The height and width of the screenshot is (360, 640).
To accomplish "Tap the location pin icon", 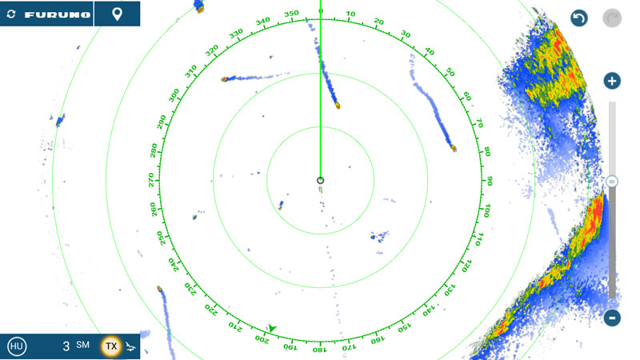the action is point(117,14).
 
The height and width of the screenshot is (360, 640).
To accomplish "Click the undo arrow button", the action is point(579,18).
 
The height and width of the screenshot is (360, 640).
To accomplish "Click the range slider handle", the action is point(612,182).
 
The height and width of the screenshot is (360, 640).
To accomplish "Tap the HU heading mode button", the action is point(16,346).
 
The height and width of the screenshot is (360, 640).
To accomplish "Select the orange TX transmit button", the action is point(111,346).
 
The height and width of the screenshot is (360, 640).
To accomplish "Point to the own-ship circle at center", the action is point(320,180).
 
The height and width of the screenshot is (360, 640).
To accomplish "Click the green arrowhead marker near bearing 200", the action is point(272,328).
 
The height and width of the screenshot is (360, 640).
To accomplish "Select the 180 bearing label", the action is point(319,350).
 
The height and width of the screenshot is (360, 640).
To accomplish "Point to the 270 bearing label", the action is point(151,180).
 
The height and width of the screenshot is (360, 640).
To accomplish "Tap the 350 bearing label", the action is point(291,14).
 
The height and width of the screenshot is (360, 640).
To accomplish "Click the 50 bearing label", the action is point(450,72).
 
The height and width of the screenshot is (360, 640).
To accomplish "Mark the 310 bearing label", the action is point(190,72).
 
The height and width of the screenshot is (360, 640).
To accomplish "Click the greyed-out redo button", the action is point(612,18).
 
